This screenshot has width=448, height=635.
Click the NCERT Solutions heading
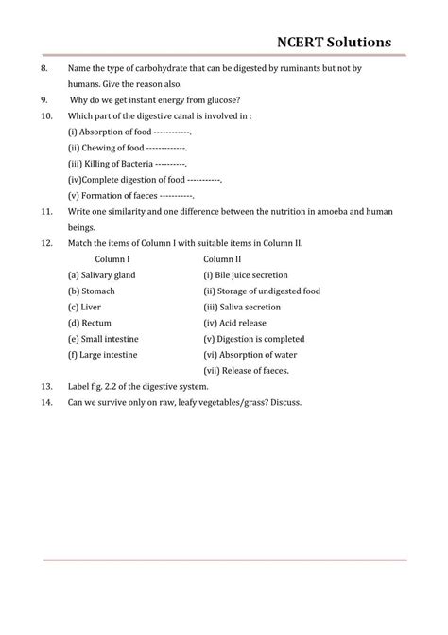pos(347,43)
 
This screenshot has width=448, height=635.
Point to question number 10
pos(48,115)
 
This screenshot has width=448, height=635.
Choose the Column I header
pos(119,258)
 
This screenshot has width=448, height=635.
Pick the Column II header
pos(222,258)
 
